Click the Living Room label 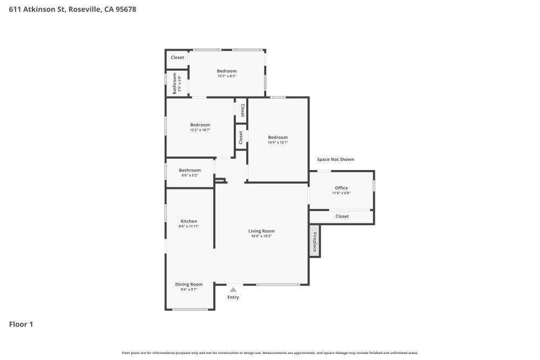[x=261, y=231]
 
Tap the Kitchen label [x=188, y=221]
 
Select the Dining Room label [x=188, y=284]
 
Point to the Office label [x=341, y=188]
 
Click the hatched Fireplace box [x=315, y=241]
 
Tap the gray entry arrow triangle [x=233, y=289]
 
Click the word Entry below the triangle [x=233, y=297]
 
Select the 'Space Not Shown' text [x=335, y=159]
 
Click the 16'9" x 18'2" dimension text [x=261, y=236]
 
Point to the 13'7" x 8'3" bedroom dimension [x=227, y=76]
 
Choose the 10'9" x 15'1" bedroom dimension [x=278, y=142]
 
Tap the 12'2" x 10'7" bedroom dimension [x=200, y=130]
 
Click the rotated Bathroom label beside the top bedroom [x=174, y=83]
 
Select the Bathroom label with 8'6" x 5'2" [x=190, y=170]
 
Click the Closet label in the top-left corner [x=177, y=57]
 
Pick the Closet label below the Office [x=342, y=216]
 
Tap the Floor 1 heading [x=21, y=324]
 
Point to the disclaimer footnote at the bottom [x=269, y=353]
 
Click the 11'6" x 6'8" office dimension [x=341, y=193]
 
